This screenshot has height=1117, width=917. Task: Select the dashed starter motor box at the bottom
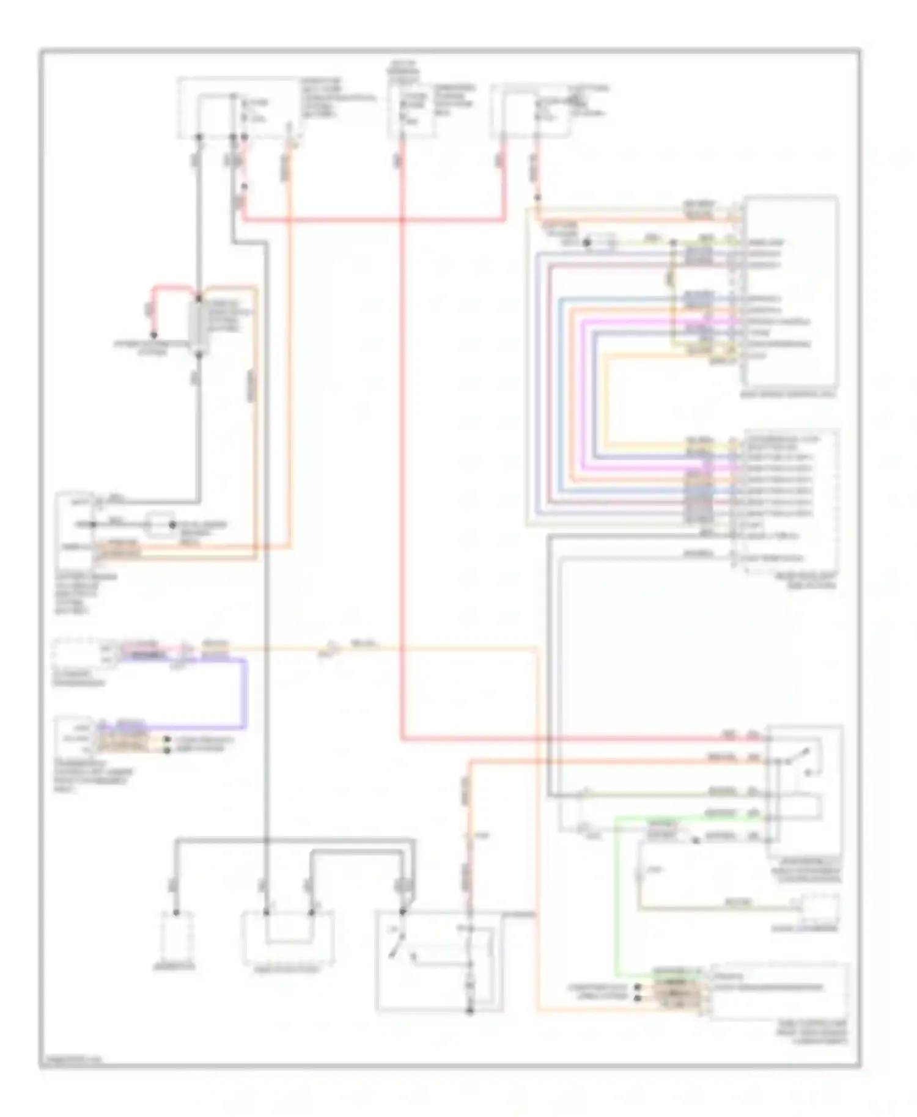point(289,938)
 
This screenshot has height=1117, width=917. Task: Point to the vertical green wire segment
point(617,898)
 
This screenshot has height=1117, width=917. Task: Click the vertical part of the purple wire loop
point(245,694)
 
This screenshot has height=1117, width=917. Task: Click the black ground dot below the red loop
point(154,335)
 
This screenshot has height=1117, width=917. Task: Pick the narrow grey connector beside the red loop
point(197,327)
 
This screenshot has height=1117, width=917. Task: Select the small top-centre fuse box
point(411,110)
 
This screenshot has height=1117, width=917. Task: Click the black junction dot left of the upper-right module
point(586,243)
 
